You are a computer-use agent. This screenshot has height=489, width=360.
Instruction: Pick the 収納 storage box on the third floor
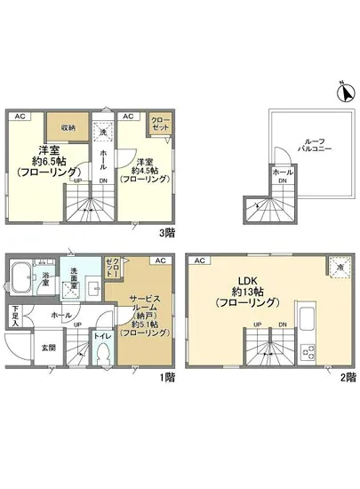click(60, 126)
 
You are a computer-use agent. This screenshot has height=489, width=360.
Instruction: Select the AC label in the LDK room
click(199, 261)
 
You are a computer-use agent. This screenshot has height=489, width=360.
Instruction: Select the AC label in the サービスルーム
click(160, 261)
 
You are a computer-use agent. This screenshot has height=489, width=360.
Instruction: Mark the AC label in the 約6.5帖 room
click(20, 116)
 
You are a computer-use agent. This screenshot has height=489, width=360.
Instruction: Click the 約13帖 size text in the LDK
click(246, 291)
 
